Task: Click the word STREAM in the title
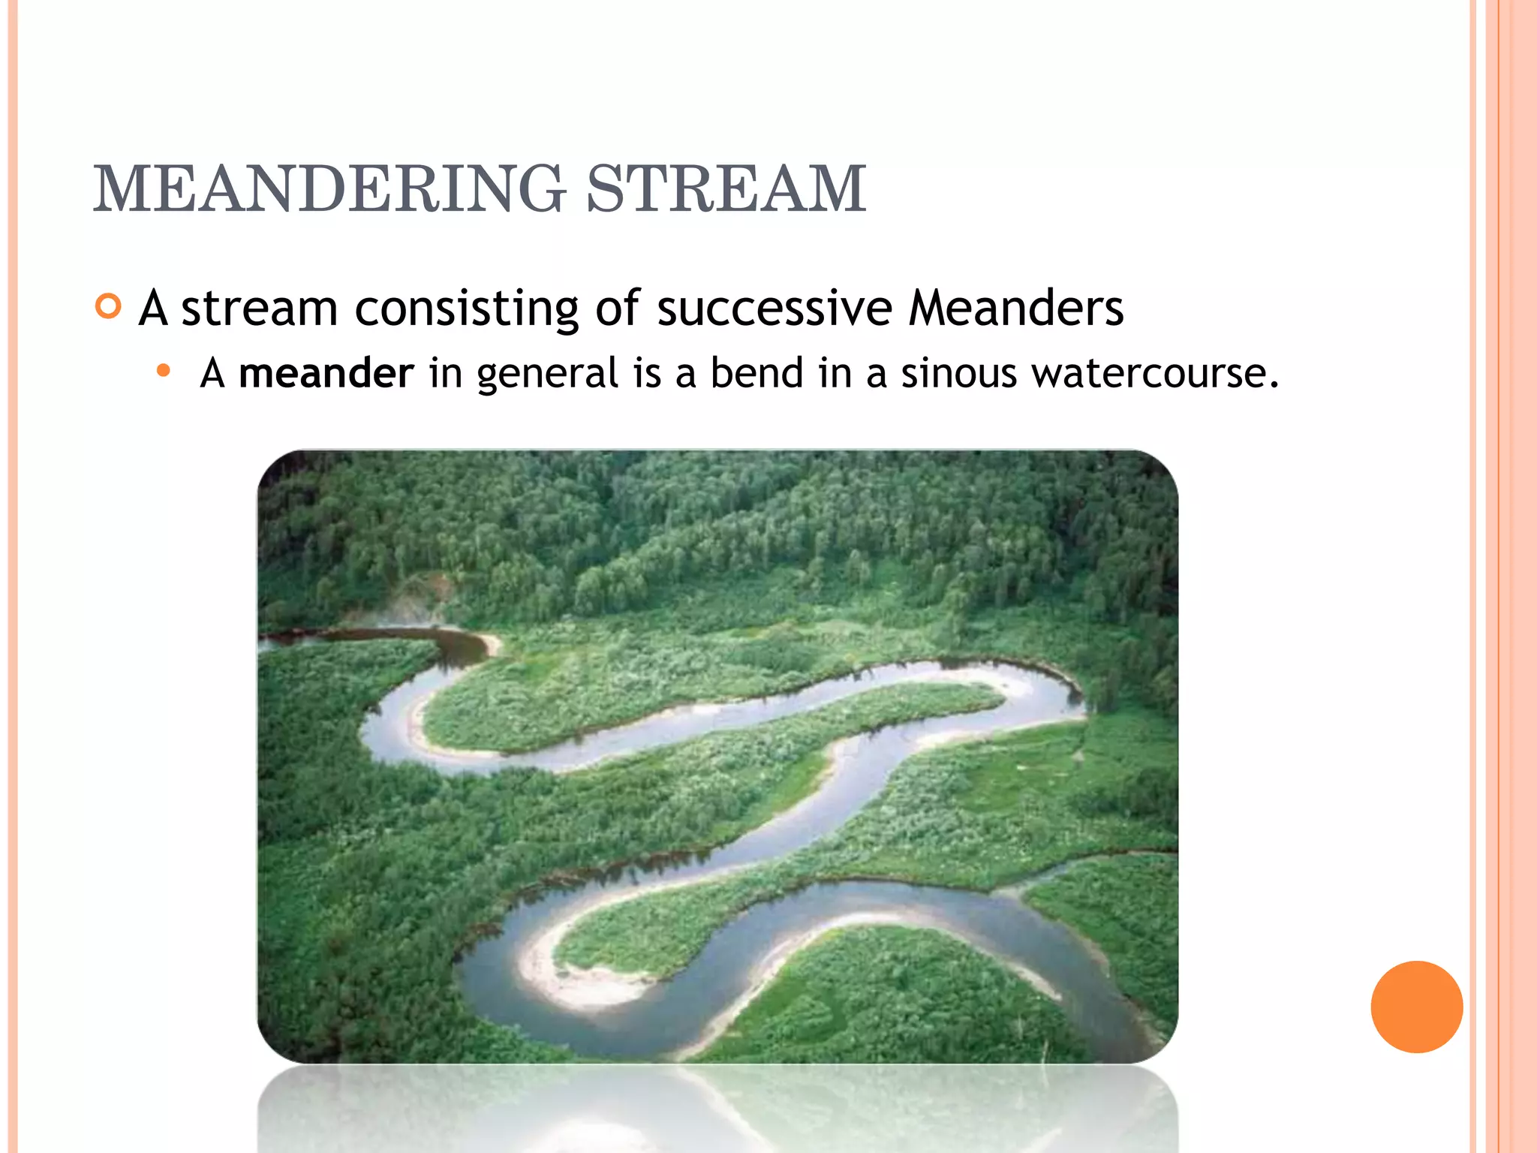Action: (x=726, y=189)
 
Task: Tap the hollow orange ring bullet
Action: (x=109, y=306)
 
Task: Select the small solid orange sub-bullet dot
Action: (x=164, y=370)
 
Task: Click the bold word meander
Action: (x=326, y=373)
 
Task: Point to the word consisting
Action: (x=466, y=309)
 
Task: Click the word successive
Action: (x=774, y=309)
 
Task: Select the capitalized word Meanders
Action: (x=1015, y=309)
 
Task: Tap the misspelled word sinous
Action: (x=958, y=373)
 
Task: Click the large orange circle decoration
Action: (x=1416, y=1007)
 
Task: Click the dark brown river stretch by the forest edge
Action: (x=420, y=638)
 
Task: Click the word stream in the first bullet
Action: (x=259, y=309)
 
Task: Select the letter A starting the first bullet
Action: (x=153, y=307)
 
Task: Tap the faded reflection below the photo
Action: (x=717, y=1111)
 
